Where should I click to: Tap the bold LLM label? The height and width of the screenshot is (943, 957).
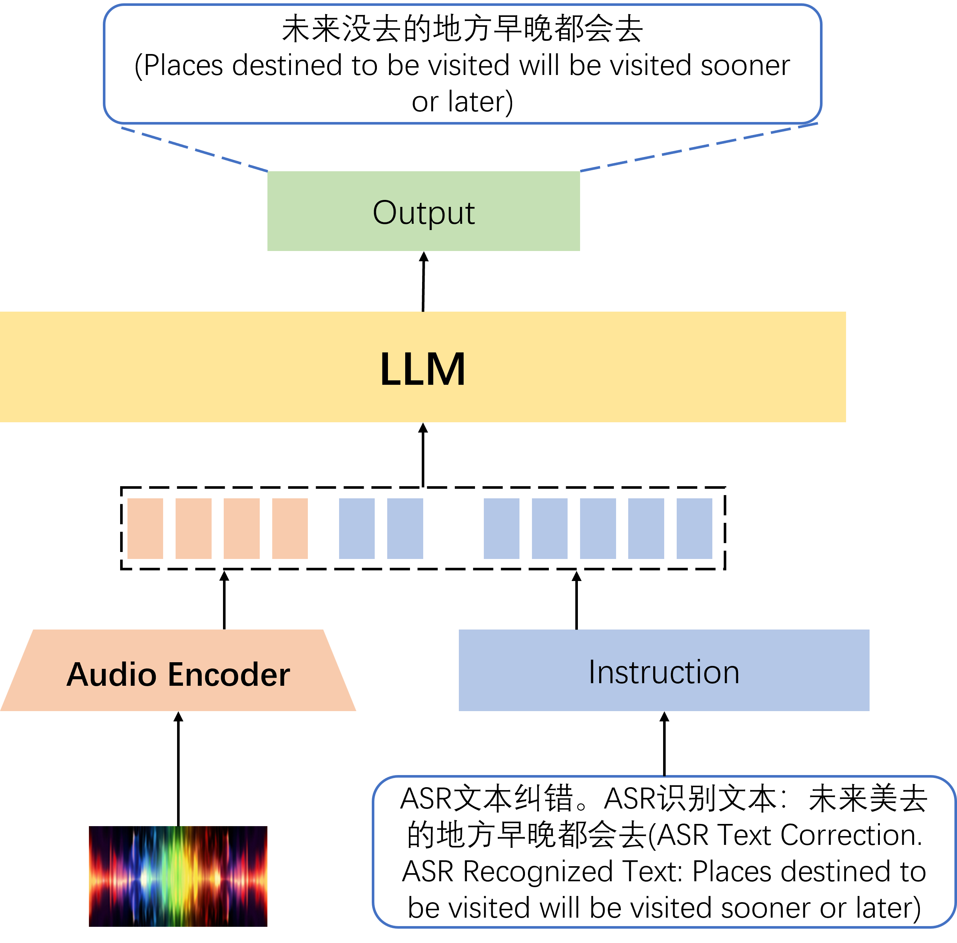click(422, 369)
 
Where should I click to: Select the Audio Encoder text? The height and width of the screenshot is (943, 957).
click(178, 675)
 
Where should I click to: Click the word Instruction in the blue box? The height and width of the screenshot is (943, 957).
click(664, 672)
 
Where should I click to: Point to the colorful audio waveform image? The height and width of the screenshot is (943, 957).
click(178, 876)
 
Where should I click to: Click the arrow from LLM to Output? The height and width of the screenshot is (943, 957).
click(423, 281)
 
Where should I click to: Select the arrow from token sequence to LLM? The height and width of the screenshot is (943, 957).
click(423, 455)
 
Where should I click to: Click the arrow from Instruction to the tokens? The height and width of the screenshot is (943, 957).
click(576, 600)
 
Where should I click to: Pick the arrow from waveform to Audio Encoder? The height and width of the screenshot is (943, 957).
click(178, 769)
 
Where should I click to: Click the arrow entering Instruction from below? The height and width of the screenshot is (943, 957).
click(665, 744)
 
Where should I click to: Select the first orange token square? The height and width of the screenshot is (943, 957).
click(145, 528)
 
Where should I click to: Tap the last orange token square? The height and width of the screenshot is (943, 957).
click(290, 528)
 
